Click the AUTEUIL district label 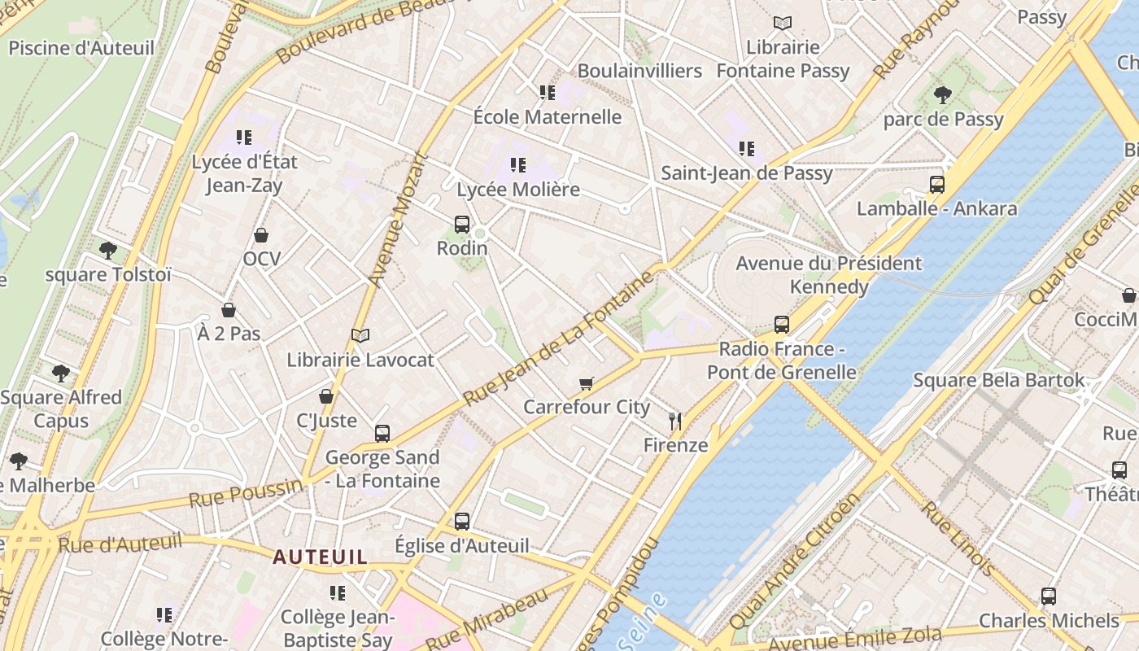click(x=320, y=557)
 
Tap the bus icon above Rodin click(x=462, y=224)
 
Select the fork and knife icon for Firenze click(x=674, y=421)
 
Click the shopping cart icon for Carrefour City click(x=586, y=382)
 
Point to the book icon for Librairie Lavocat click(x=360, y=334)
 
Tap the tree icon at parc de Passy click(x=943, y=95)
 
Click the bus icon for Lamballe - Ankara click(x=937, y=185)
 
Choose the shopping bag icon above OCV click(x=261, y=235)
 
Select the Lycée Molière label click(x=518, y=190)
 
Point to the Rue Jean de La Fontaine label click(x=558, y=338)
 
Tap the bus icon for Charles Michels click(x=1049, y=596)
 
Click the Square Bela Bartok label click(x=998, y=380)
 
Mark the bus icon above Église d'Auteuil click(x=462, y=521)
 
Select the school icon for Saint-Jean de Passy click(x=746, y=148)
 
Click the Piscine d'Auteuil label click(x=81, y=48)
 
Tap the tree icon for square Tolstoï click(x=107, y=250)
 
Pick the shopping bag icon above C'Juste click(x=326, y=396)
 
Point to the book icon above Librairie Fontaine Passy click(x=783, y=23)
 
